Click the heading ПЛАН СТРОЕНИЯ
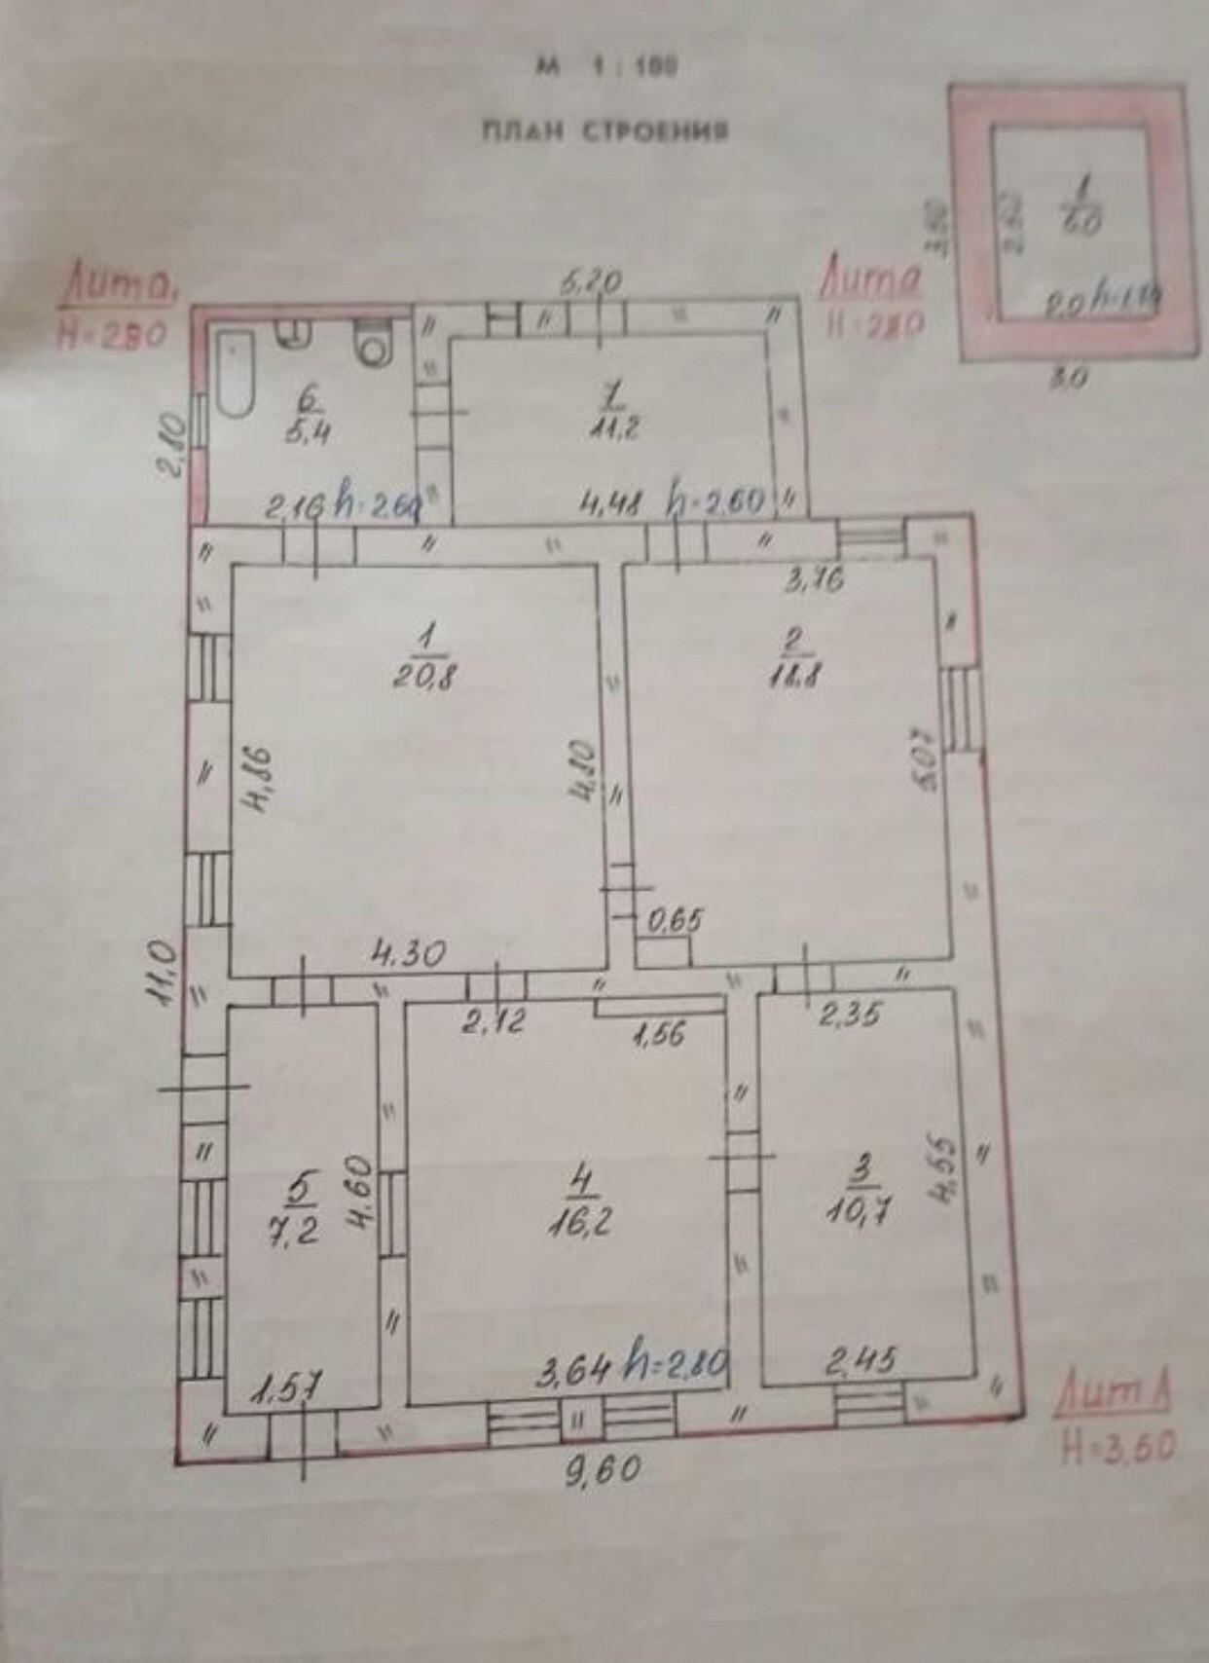(x=604, y=131)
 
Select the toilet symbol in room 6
(x=371, y=346)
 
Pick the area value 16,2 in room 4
(x=582, y=1223)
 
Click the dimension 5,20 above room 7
(x=592, y=284)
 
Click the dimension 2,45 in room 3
(x=861, y=1360)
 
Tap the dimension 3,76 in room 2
(x=814, y=582)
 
